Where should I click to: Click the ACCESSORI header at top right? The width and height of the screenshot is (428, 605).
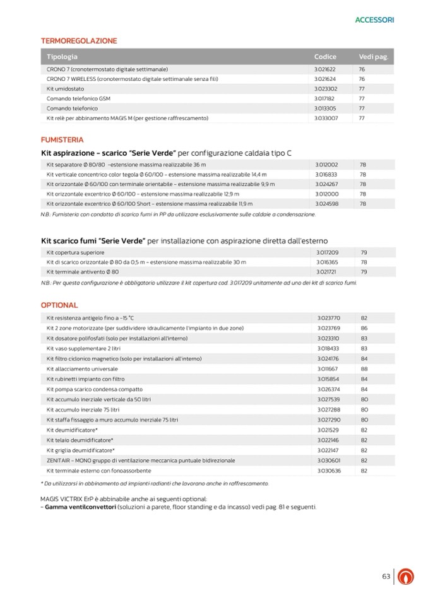coord(374,20)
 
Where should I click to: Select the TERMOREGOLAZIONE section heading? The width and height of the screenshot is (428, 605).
coord(79,41)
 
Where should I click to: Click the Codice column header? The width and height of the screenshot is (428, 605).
coord(325,57)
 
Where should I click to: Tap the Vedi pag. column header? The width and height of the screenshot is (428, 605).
coord(372,57)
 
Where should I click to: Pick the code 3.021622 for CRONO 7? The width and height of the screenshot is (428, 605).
coord(325,69)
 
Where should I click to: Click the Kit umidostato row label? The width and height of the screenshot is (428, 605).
coord(65,89)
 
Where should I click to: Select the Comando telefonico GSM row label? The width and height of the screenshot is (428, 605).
coord(78,98)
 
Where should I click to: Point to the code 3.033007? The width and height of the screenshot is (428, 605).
coord(326,118)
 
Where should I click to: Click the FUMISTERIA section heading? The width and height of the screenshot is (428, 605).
coord(62,139)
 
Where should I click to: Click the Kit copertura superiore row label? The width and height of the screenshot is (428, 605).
coord(76,252)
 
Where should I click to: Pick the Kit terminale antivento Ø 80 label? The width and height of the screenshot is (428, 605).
coord(83,271)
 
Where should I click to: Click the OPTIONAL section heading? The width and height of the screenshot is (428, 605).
coord(59,305)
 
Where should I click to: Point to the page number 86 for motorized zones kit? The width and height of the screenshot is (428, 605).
coord(364,328)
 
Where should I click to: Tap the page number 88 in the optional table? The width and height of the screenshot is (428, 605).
coord(364,368)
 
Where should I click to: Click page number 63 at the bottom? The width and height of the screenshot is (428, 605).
coord(386,576)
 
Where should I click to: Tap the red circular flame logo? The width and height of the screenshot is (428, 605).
coord(408,577)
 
